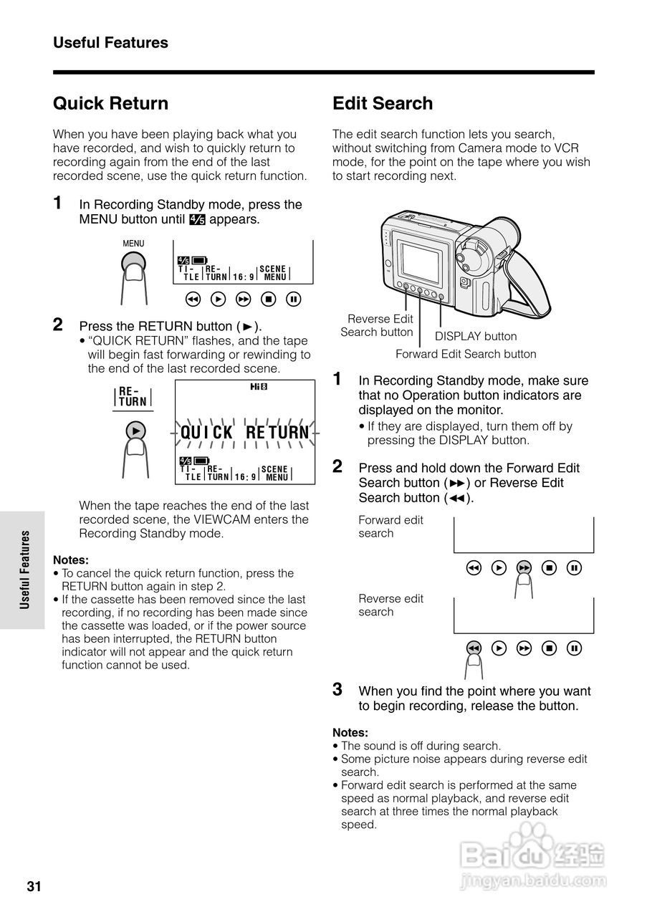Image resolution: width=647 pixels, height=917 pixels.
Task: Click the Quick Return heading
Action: [x=110, y=104]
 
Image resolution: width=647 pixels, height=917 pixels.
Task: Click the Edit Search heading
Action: [x=383, y=104]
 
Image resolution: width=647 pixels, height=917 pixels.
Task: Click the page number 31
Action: [x=34, y=887]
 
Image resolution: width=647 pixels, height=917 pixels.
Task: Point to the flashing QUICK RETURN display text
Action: [x=245, y=433]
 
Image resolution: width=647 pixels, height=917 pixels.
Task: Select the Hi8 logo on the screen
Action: [x=258, y=388]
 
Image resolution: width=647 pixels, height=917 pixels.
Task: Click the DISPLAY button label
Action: [x=476, y=336]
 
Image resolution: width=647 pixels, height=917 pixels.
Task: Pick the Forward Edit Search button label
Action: [x=466, y=354]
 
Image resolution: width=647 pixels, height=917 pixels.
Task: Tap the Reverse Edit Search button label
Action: [x=378, y=325]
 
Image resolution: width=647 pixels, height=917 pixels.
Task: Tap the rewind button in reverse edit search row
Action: [x=473, y=648]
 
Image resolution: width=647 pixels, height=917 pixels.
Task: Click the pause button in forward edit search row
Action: [x=574, y=568]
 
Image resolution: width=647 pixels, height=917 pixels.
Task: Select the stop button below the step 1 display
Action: [x=268, y=299]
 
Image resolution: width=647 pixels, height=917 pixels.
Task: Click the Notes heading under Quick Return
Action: [x=71, y=560]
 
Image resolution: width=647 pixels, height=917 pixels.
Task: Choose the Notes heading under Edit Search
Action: [x=350, y=732]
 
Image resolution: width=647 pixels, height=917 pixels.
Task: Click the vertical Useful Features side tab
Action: [x=24, y=570]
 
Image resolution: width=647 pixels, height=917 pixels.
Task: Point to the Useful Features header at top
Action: [x=110, y=43]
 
